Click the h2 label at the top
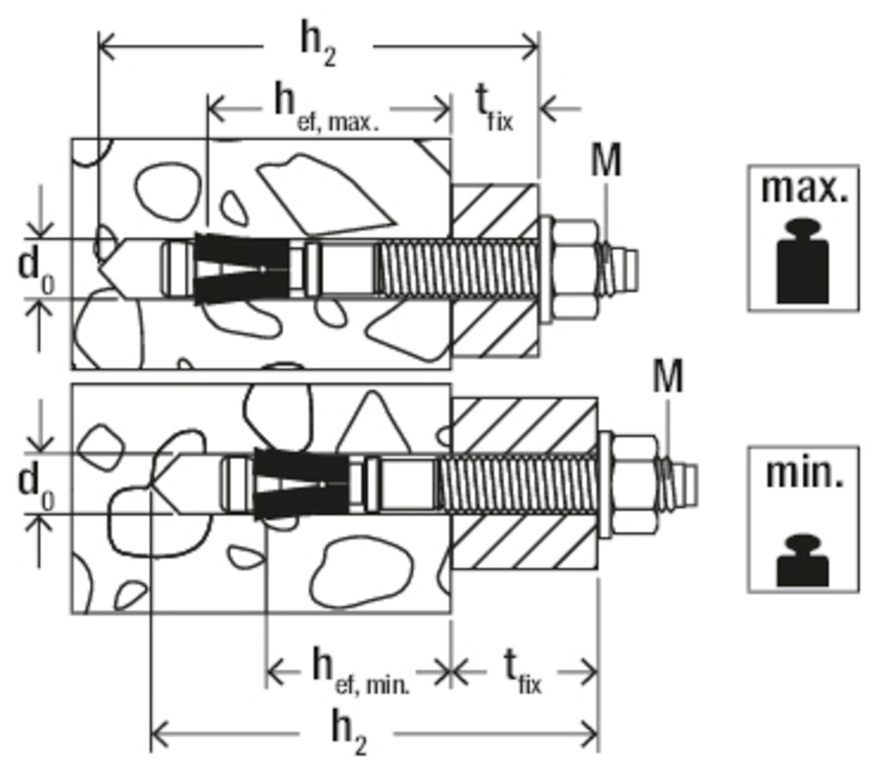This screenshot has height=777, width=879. point(317,46)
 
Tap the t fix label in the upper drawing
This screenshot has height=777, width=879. point(494,108)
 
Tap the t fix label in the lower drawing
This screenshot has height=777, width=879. point(522,670)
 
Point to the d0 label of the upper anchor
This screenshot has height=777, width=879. point(36,268)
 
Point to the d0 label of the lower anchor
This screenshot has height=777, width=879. point(36,484)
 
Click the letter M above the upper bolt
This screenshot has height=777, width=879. point(606,162)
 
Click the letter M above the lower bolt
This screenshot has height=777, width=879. point(668,377)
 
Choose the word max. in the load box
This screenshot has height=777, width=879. point(803,189)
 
